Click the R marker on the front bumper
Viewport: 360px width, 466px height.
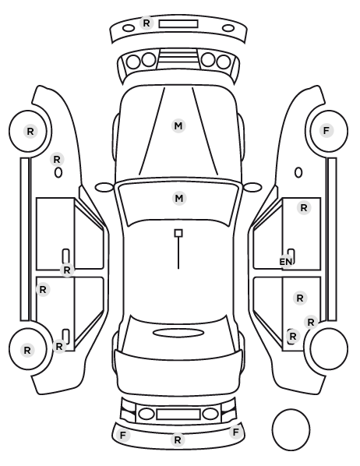click(146, 23)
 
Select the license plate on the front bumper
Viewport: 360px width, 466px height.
click(178, 24)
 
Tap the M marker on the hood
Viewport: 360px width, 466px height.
click(178, 126)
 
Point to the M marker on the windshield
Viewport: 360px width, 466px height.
click(179, 198)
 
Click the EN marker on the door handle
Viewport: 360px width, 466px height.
click(286, 262)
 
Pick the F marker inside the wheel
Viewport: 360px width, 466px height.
click(326, 130)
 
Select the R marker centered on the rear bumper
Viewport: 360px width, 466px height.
click(178, 440)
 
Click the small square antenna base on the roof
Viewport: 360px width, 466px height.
click(178, 233)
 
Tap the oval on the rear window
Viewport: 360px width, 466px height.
click(178, 333)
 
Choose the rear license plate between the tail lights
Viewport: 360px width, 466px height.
click(178, 414)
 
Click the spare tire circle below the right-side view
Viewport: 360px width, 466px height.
click(291, 429)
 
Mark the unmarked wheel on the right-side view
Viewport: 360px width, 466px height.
click(329, 348)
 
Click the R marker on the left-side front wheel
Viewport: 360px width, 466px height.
click(30, 132)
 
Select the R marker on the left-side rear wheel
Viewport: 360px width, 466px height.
click(27, 350)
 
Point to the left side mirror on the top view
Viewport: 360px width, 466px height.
click(104, 187)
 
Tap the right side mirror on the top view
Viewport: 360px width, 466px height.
click(252, 187)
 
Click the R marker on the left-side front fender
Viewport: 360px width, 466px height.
click(56, 160)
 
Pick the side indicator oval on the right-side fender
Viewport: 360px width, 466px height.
click(298, 173)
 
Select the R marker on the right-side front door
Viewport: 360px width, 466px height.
click(304, 208)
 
